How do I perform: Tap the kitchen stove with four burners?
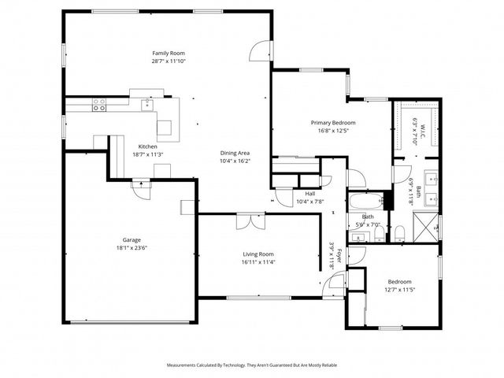(x=99, y=105)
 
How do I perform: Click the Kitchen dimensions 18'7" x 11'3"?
(x=147, y=154)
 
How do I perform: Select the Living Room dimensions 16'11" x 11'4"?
(x=258, y=261)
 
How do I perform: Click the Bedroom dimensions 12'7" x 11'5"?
(x=398, y=290)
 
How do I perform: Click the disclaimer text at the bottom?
(x=252, y=365)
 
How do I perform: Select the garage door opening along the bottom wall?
(x=129, y=321)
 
